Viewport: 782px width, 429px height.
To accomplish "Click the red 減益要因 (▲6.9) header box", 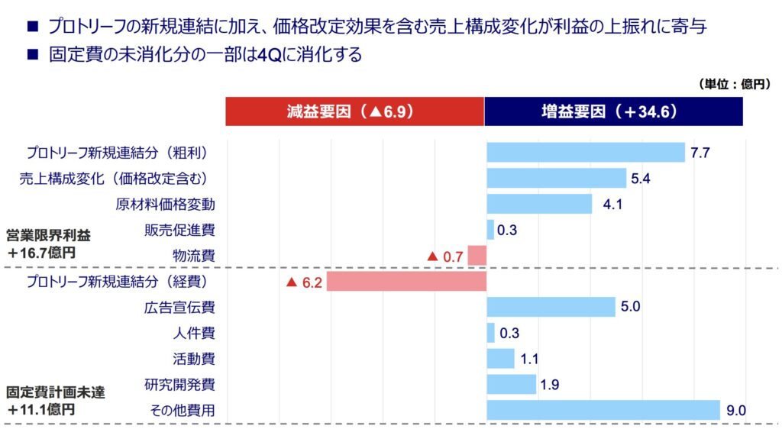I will [x=354, y=111].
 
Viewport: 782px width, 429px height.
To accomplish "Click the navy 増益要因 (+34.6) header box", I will [x=613, y=111].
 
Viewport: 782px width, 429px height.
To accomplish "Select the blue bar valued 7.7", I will [x=586, y=153].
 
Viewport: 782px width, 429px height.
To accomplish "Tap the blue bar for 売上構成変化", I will [x=557, y=179].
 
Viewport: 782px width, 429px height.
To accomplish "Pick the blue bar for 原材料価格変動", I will [x=539, y=204].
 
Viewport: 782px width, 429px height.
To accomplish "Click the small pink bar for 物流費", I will [x=477, y=256].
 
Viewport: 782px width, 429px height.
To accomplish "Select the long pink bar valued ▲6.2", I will [x=406, y=282].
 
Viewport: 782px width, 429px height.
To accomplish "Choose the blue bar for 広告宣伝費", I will [x=551, y=307].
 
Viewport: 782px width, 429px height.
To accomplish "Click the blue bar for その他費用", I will [x=603, y=410].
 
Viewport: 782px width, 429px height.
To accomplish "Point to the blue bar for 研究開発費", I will [x=511, y=384].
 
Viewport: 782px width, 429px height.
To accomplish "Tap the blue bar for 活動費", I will [x=500, y=359].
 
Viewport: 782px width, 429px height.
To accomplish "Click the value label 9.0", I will [x=735, y=410].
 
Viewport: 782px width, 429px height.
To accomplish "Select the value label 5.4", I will [x=640, y=179].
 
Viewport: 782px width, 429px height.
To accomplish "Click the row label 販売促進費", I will [x=179, y=230].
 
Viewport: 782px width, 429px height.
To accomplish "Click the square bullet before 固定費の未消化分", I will [x=32, y=55].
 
